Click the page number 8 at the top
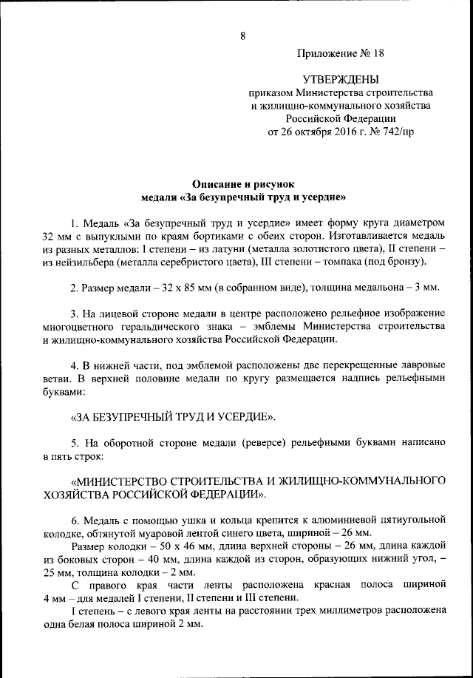point(242,36)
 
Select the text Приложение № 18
point(341,53)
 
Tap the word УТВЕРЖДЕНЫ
point(341,79)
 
